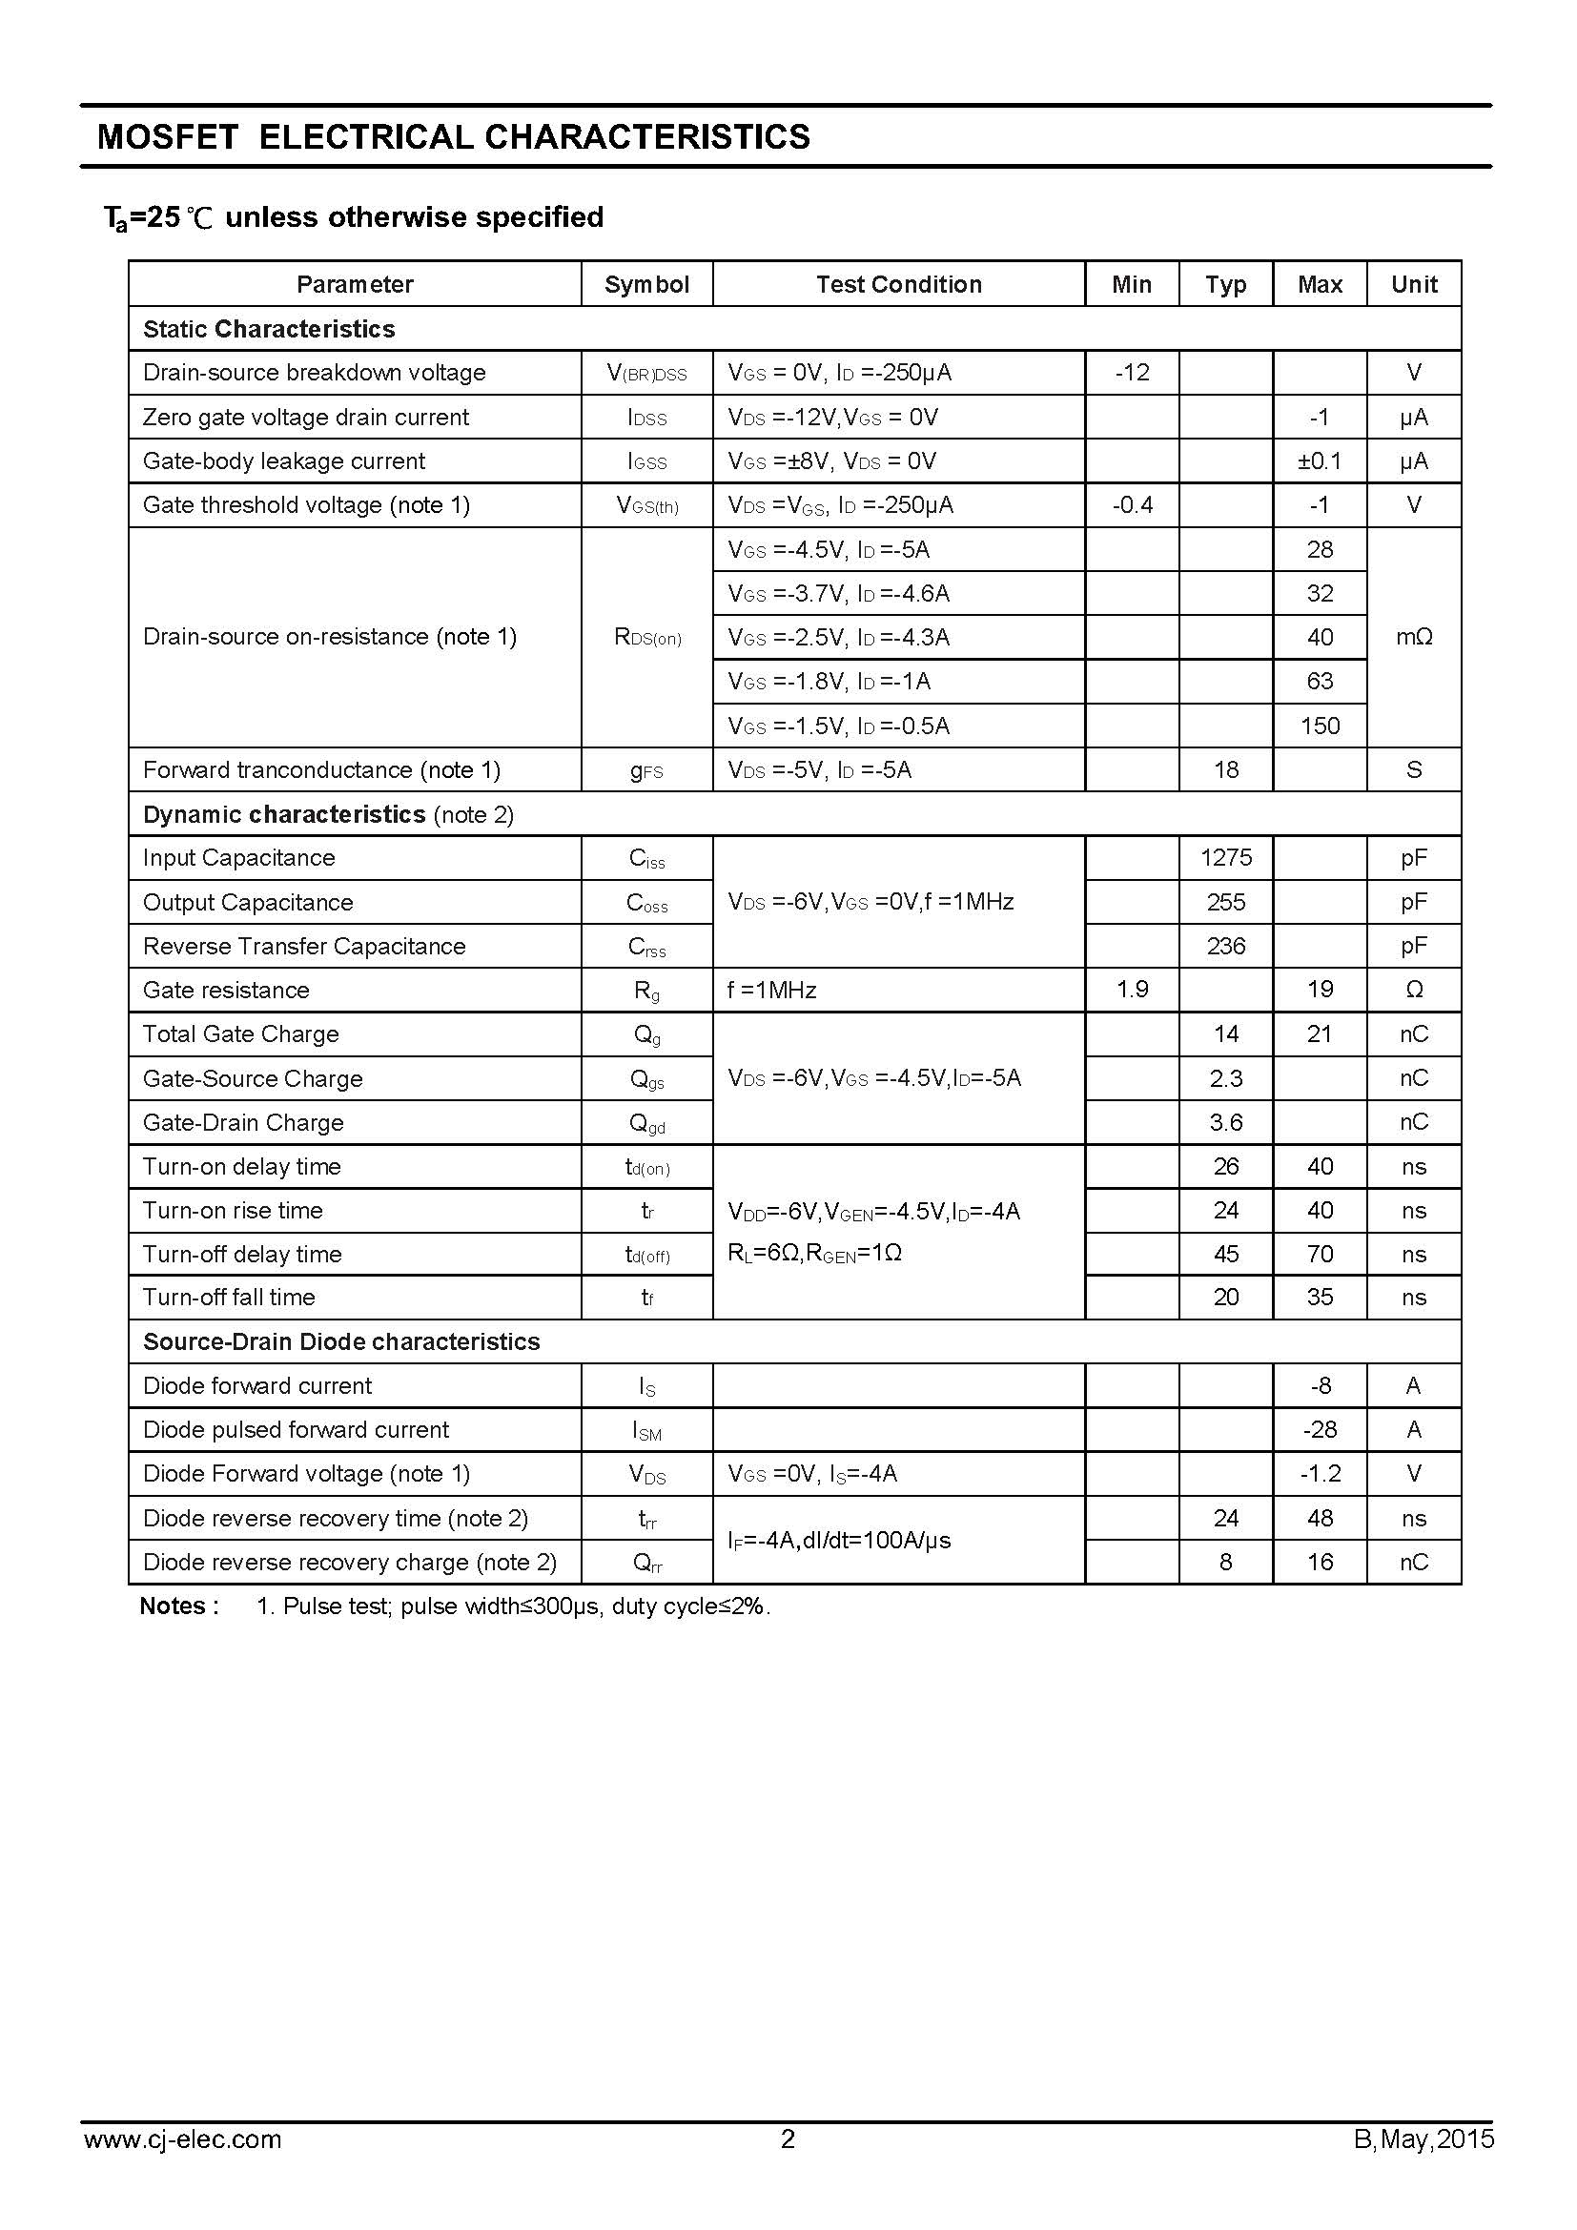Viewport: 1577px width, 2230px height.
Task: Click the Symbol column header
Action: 645,284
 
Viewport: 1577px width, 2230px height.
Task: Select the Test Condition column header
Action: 898,284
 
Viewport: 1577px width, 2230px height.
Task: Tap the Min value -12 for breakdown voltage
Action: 1133,373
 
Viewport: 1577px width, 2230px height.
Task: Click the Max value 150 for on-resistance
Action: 1320,726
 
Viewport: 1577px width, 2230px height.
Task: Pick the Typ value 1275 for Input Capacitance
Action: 1225,858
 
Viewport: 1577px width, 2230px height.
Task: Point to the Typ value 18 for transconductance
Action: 1225,770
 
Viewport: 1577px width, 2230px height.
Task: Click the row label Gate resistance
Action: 226,990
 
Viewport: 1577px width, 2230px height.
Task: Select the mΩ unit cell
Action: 1414,637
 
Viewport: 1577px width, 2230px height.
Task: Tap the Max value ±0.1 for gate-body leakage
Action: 1320,460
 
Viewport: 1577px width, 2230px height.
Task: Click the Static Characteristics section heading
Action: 269,329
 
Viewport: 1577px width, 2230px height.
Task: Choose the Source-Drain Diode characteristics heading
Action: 340,1341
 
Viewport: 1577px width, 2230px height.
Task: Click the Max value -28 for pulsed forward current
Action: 1320,1430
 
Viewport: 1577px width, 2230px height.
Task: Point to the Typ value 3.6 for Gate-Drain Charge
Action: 1225,1122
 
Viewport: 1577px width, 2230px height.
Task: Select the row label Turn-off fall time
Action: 229,1298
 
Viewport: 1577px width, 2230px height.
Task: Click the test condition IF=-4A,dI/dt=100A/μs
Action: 839,1540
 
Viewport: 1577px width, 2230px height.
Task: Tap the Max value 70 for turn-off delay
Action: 1320,1254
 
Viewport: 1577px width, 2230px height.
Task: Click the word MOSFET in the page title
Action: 168,137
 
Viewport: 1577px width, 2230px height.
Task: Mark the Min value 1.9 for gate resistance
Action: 1133,990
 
